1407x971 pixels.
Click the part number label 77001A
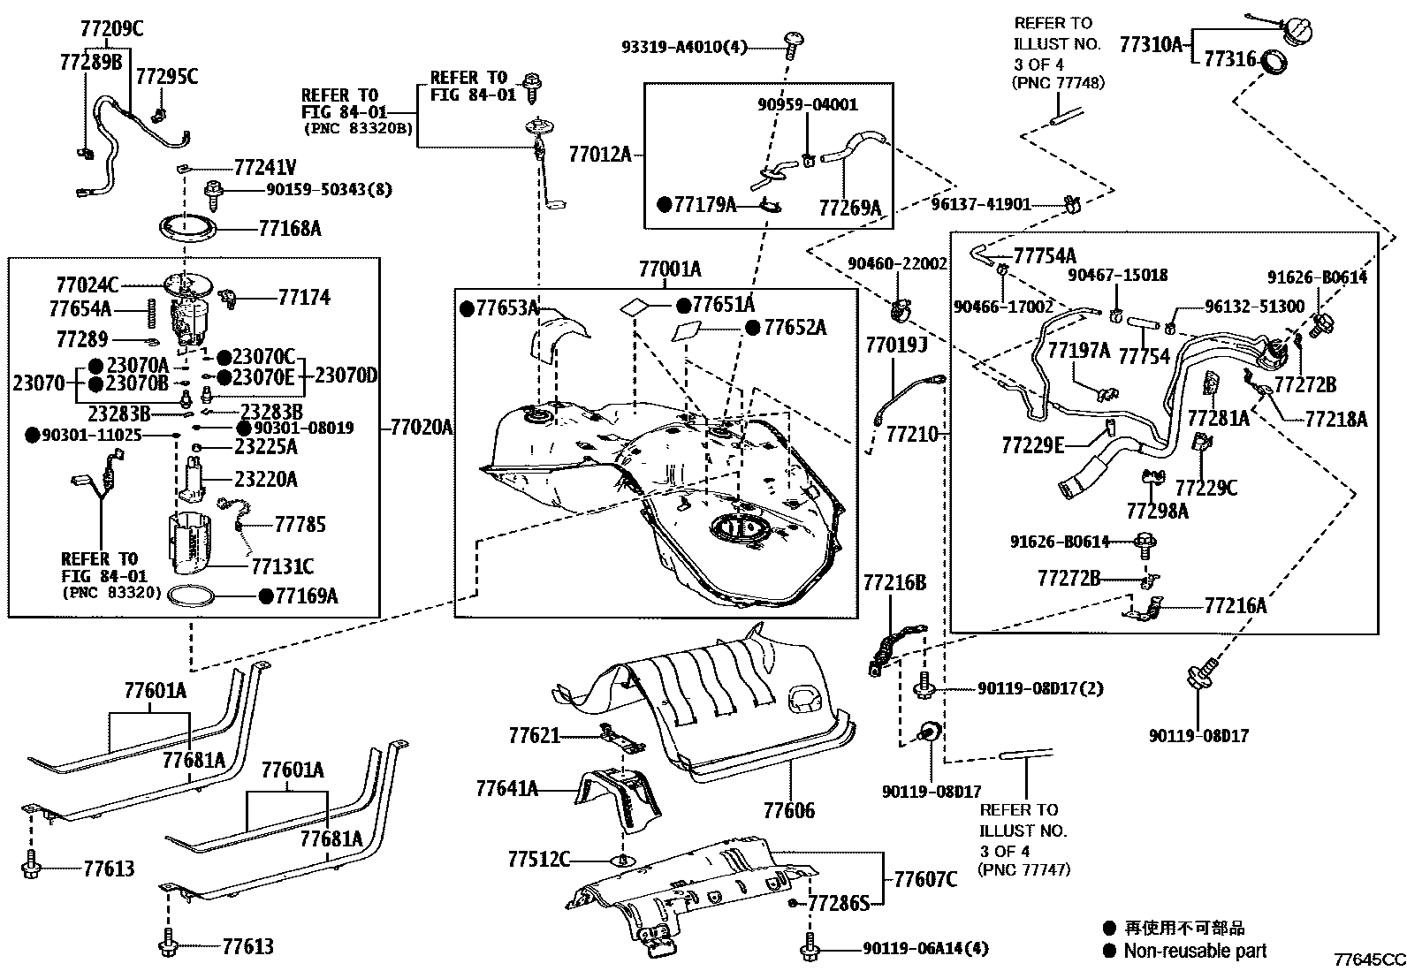tap(670, 269)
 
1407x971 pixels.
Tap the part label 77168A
tap(290, 229)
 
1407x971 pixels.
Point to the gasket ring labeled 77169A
tap(191, 597)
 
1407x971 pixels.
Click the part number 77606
tap(789, 810)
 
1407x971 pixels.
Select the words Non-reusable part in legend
tap(1195, 951)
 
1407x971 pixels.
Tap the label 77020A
tap(421, 428)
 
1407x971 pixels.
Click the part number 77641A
tap(506, 788)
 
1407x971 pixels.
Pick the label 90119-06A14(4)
tap(925, 949)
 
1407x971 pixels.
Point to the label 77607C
tap(925, 879)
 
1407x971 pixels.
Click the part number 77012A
tap(600, 155)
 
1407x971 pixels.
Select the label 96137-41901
tap(981, 204)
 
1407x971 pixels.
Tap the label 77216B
tap(894, 582)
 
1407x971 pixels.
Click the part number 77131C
tap(282, 565)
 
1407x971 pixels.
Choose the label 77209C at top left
tap(111, 28)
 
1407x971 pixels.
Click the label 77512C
tap(539, 859)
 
